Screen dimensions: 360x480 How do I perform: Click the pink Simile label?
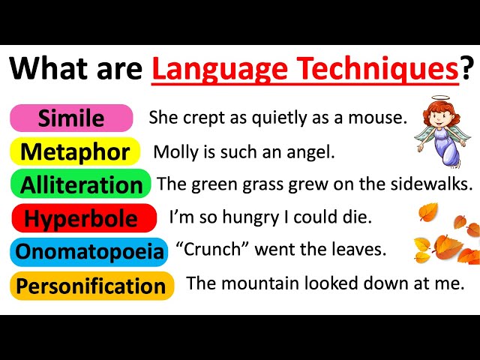point(71,118)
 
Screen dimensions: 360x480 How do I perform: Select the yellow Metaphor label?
point(75,151)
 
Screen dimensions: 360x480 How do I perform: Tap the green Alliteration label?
point(81,184)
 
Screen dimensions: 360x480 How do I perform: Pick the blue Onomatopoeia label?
point(89,252)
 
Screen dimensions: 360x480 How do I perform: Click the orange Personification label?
point(91,286)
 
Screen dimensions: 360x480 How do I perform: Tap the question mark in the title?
point(467,69)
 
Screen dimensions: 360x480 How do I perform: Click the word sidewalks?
point(435,184)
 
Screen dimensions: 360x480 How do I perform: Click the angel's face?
point(437,118)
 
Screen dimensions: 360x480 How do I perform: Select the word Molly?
point(173,152)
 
